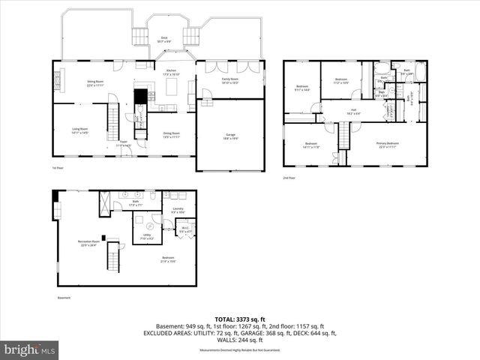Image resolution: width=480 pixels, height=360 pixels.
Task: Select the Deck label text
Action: [x=164, y=38]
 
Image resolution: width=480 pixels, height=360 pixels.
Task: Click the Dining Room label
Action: [x=171, y=135]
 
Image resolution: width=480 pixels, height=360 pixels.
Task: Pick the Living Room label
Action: [x=81, y=130]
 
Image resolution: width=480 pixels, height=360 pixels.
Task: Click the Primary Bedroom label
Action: [x=388, y=145]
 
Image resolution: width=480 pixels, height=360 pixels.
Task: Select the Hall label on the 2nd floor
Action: [x=352, y=111]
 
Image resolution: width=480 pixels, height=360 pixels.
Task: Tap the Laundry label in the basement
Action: [x=178, y=210]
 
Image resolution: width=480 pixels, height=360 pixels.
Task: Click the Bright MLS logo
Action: [x=30, y=349]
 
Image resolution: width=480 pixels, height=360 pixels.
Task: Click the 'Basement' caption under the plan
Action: [x=64, y=298]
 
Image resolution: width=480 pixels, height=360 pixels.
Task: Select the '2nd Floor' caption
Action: [x=289, y=178]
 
